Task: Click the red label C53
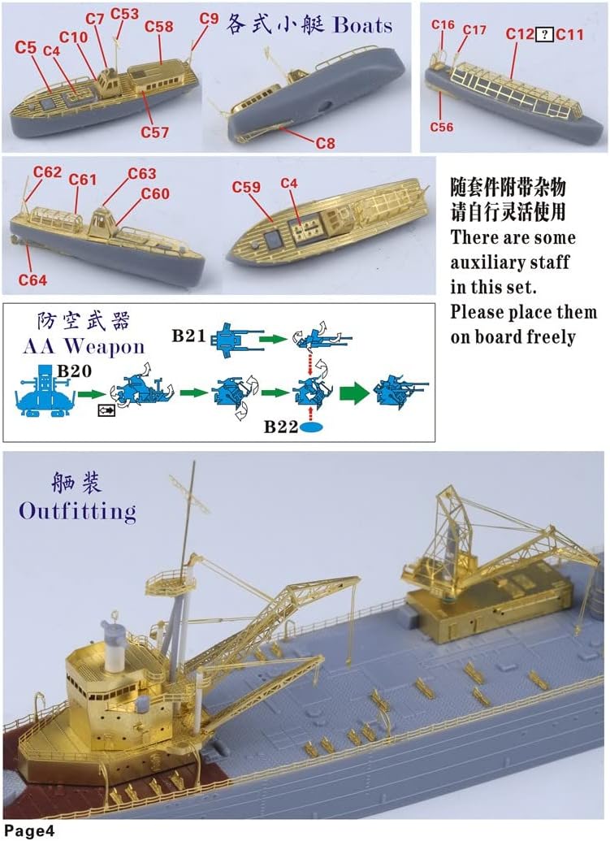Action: point(124,14)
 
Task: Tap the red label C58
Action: point(159,26)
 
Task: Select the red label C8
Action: point(325,143)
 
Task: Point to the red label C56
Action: point(442,127)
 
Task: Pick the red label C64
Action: point(32,280)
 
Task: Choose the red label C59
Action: point(246,188)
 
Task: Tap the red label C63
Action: point(142,174)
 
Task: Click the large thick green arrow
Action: point(350,394)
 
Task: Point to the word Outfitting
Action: point(77,512)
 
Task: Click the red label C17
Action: point(474,30)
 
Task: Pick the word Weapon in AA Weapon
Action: point(104,346)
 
